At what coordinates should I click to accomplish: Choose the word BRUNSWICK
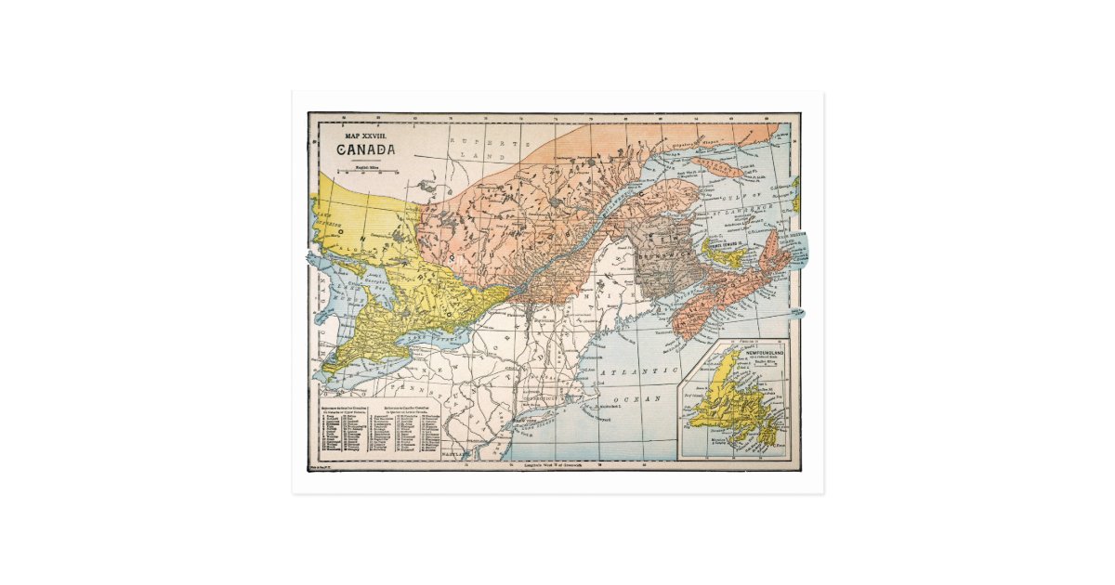click(662, 251)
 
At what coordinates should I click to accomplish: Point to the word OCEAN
click(641, 397)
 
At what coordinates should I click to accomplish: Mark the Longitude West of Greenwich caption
click(554, 464)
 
